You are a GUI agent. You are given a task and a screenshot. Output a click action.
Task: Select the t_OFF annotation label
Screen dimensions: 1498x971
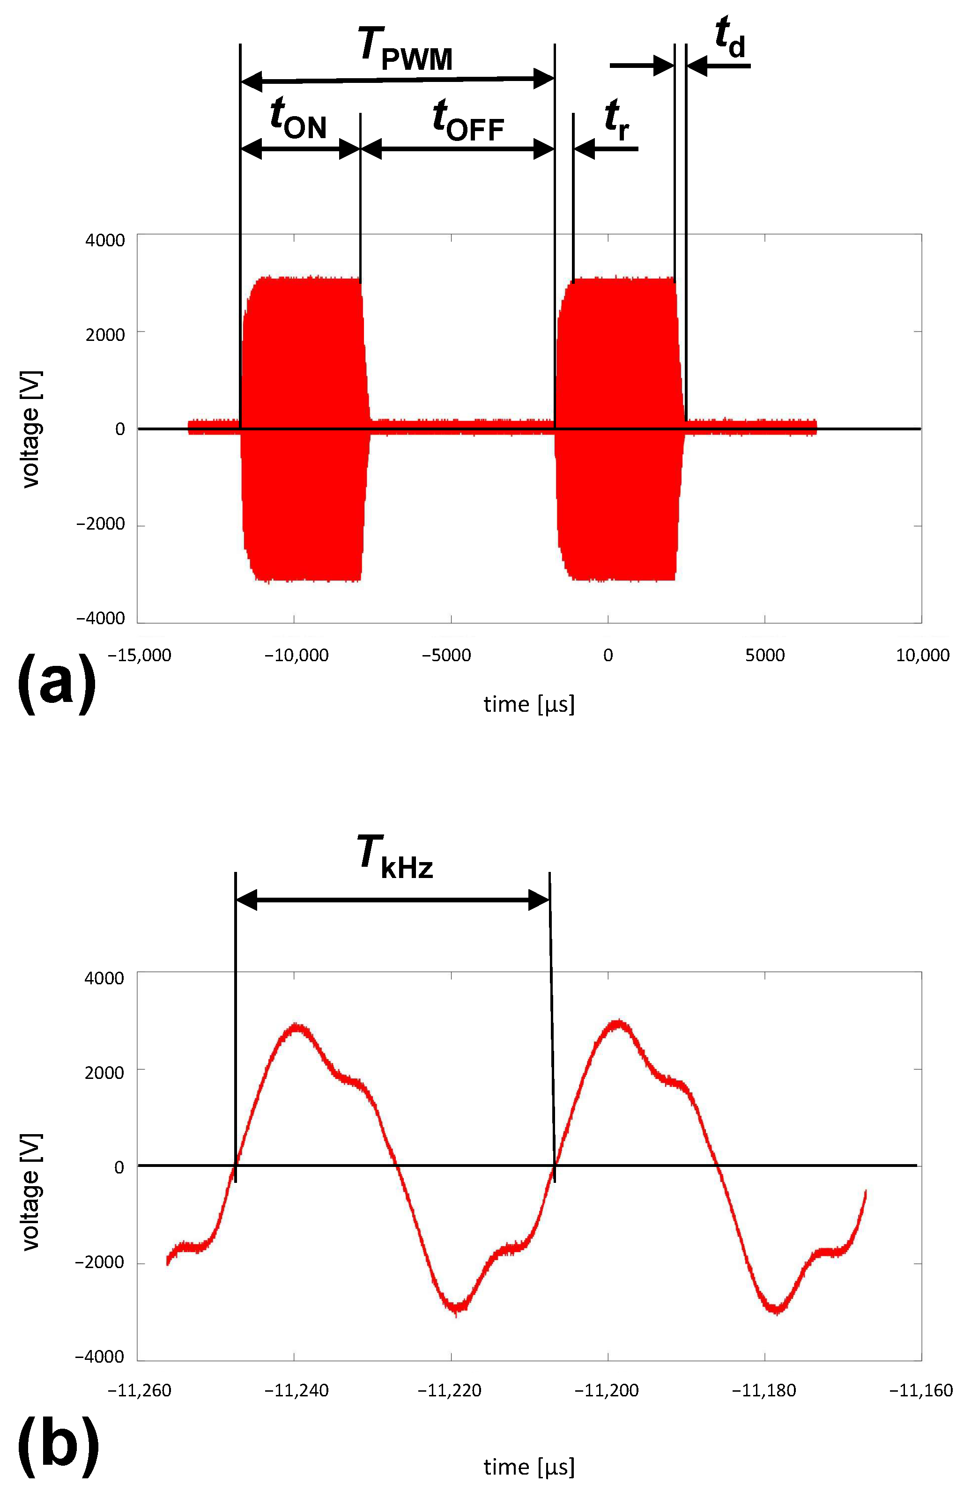tap(468, 119)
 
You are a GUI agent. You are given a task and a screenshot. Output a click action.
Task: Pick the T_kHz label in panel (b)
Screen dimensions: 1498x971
tap(395, 856)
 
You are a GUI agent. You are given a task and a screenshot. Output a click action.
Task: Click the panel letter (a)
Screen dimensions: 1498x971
tap(57, 682)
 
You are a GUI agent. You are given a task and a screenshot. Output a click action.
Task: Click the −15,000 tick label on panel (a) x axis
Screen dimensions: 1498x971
tap(139, 655)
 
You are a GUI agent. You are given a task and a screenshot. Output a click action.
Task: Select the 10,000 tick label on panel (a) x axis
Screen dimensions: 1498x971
tap(922, 655)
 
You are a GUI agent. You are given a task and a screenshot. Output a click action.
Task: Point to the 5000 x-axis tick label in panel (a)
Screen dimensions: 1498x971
tap(764, 655)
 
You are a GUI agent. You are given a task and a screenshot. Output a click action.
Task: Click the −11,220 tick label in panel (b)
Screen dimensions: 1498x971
tap(450, 1390)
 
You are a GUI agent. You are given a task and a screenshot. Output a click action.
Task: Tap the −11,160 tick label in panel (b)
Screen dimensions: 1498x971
tap(920, 1390)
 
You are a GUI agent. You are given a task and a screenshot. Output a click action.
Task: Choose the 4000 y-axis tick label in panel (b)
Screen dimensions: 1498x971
tap(104, 978)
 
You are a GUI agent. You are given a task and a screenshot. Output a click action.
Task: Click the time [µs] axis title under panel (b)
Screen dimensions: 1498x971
tap(529, 1467)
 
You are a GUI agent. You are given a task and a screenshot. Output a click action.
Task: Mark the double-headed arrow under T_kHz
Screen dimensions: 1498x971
tap(393, 900)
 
